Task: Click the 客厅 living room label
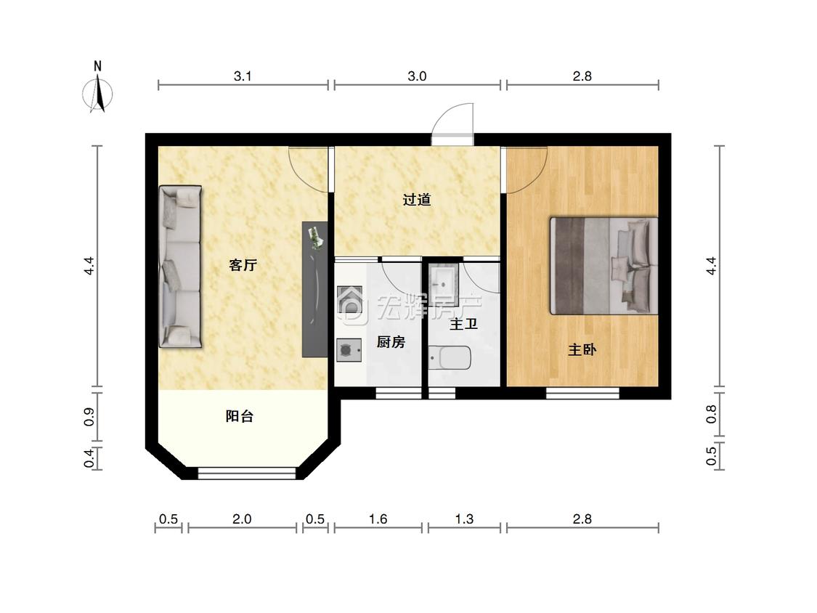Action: (243, 265)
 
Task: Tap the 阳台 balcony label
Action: (240, 416)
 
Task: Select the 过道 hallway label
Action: (417, 199)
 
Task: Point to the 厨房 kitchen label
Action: (391, 342)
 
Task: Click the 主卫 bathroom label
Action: (464, 324)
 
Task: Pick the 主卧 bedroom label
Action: (582, 349)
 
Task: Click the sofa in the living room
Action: (180, 267)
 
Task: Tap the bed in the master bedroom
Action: (604, 266)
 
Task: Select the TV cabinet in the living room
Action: (315, 290)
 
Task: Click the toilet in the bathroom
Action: (450, 358)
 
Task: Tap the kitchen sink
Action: (349, 299)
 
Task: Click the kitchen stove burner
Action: (349, 350)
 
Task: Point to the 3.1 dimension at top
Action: (243, 76)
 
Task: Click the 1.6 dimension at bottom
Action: (378, 519)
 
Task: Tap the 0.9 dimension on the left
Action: (89, 416)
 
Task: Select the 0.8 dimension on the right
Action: (711, 415)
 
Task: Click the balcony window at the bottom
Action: (247, 474)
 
